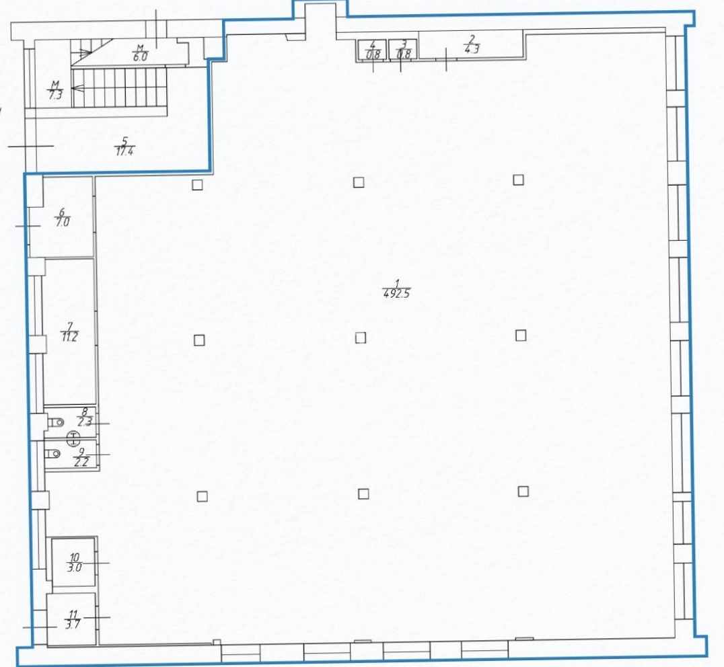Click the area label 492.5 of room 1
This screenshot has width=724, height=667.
(x=396, y=293)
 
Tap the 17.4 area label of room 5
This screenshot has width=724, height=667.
(x=124, y=151)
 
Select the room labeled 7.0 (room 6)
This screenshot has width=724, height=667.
(x=62, y=217)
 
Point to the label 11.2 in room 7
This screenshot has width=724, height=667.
(x=69, y=337)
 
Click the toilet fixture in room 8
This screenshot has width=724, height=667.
(x=55, y=422)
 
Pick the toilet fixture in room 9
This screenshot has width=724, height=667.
(x=52, y=453)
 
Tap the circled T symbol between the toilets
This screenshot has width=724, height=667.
(x=73, y=438)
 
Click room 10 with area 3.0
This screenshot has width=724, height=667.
(x=73, y=563)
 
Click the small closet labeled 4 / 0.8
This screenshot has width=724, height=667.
(x=372, y=50)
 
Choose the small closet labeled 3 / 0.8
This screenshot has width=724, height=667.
(x=402, y=50)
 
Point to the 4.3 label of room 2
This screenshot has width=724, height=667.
(x=472, y=49)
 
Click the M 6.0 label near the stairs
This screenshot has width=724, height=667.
(x=141, y=53)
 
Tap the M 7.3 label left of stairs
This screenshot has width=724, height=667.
(x=55, y=90)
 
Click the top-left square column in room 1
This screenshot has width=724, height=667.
(x=197, y=184)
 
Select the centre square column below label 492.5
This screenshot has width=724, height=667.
(x=361, y=338)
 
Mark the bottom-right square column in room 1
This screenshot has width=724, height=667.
(x=523, y=492)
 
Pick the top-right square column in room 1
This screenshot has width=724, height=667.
(x=519, y=180)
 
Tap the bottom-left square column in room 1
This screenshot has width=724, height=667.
(x=202, y=496)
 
